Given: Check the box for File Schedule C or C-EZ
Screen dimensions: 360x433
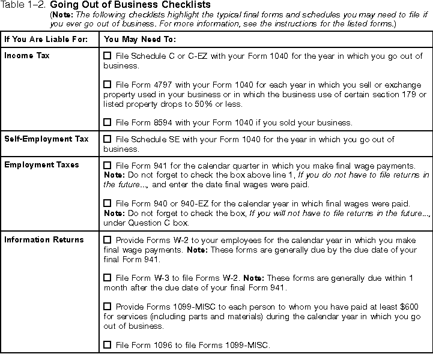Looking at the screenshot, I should coord(107,56).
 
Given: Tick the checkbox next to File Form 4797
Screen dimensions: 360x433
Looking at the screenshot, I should coord(107,85).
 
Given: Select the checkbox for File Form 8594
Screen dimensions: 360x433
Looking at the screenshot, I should coord(107,122).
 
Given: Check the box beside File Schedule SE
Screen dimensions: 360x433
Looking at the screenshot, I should coord(107,139).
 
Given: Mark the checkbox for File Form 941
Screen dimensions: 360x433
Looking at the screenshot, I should coord(107,164).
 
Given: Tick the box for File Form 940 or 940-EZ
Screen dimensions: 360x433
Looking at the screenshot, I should coord(107,203).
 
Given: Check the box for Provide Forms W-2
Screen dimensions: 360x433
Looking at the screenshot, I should coord(107,240).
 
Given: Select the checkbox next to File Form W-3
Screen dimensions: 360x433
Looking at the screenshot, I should coord(107,277).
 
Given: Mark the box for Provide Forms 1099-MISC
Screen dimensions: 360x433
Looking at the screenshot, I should coord(107,306).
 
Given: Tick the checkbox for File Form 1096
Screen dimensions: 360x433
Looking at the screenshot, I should coord(107,344).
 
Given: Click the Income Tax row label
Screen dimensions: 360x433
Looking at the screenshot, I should coord(27,56).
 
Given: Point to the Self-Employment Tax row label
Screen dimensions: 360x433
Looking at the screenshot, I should coord(46,139).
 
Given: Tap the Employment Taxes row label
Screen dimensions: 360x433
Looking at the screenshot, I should coord(41,164).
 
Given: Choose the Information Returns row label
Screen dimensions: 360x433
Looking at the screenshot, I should coord(44,240).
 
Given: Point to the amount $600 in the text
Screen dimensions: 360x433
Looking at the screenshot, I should coord(409,306).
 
